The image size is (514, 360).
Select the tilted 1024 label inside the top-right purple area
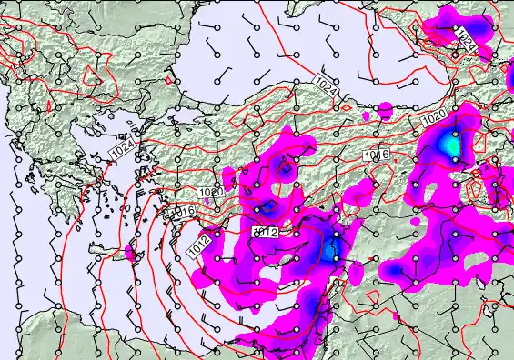pyautogui.click(x=466, y=39)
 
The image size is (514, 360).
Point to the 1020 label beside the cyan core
pyautogui.click(x=435, y=117)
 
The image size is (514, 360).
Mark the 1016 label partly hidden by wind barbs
pyautogui.click(x=186, y=212)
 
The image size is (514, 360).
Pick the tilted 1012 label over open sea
pyautogui.click(x=199, y=244)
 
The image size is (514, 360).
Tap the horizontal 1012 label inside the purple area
pyautogui.click(x=265, y=234)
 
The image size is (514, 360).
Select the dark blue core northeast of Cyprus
pyautogui.click(x=331, y=247)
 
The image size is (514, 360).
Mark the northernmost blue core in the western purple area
pyautogui.click(x=286, y=167)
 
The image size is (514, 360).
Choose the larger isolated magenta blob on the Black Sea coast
pyautogui.click(x=385, y=110)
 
